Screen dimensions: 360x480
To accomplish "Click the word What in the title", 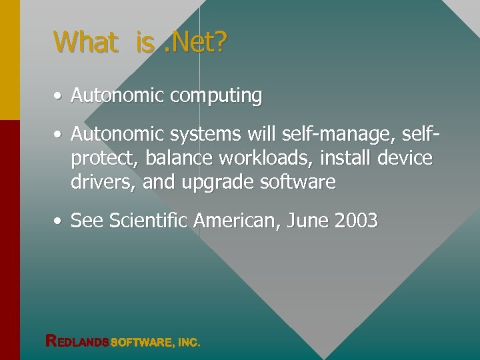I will (85, 42).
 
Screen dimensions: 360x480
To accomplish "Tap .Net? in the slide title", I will (194, 42).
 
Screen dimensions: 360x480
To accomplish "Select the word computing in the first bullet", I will (216, 97).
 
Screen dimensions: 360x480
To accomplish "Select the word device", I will (405, 159).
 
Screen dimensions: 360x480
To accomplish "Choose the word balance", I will (175, 159).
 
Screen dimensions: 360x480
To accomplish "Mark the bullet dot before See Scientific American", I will (59, 221).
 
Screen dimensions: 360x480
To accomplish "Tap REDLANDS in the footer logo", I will (77, 341).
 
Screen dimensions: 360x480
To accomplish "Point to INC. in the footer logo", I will (189, 342).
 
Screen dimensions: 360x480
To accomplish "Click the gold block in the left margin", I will (9, 60).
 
